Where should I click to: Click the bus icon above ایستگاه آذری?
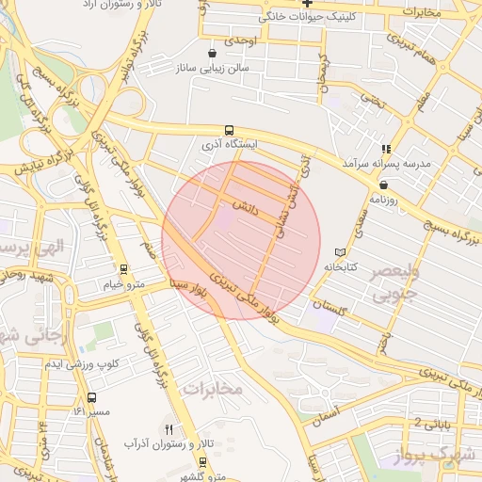(229, 131)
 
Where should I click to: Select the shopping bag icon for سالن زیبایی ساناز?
(212, 53)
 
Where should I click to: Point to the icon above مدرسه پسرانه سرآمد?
(385, 149)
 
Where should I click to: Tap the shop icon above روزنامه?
(384, 185)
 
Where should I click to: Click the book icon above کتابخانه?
(340, 252)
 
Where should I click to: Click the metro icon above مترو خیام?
(123, 270)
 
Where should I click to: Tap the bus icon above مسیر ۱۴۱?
(91, 397)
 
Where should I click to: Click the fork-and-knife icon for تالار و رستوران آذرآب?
(169, 428)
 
